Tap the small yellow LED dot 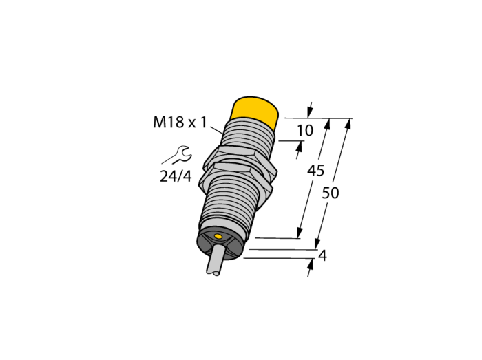pos(218,236)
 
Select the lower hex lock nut pos(236,179)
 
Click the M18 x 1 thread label pos(180,123)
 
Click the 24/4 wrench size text pos(176,176)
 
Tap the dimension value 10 pos(305,131)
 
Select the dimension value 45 pos(315,171)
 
